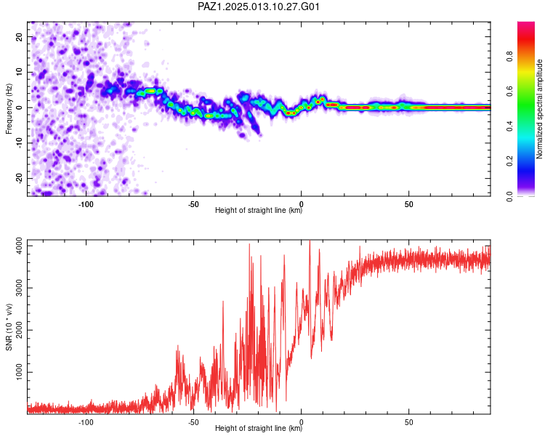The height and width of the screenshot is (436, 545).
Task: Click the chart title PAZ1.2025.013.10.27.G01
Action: click(x=258, y=7)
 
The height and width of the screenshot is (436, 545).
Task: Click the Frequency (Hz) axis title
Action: click(x=9, y=109)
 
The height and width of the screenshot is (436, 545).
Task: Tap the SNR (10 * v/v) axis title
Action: click(x=9, y=327)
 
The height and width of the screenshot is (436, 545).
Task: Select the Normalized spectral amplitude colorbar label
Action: click(x=539, y=109)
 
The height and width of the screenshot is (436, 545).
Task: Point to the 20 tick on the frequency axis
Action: click(x=19, y=36)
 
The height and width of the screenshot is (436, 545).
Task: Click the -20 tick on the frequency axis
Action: click(x=19, y=178)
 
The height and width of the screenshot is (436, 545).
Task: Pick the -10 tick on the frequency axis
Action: click(x=19, y=143)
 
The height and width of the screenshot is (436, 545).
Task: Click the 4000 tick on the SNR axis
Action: click(x=19, y=246)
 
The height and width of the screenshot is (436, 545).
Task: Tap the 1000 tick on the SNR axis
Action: click(x=19, y=372)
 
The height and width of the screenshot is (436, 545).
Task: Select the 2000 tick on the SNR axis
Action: click(x=19, y=330)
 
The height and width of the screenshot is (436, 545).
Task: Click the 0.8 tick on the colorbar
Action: click(x=510, y=56)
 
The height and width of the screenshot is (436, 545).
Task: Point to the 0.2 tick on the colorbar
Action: click(x=510, y=161)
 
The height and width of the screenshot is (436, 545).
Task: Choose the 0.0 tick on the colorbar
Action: click(x=510, y=196)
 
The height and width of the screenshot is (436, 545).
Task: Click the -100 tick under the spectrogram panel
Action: click(x=86, y=204)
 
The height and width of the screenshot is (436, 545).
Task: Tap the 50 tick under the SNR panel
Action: click(x=408, y=422)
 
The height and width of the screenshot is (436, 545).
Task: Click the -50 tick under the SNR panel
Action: click(x=193, y=422)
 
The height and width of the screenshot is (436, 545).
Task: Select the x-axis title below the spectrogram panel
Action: click(x=259, y=210)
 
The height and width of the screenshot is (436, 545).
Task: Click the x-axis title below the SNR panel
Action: click(x=259, y=428)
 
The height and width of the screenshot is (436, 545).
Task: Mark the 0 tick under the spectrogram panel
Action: click(x=302, y=204)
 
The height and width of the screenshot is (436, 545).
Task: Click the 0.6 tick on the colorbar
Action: click(x=510, y=91)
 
